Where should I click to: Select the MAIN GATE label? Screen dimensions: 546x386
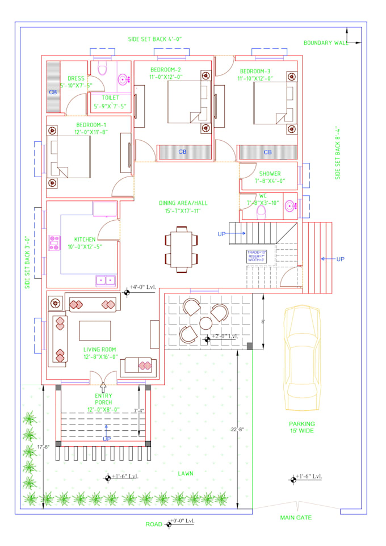(296, 518)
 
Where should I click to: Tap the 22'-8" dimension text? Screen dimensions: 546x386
(237, 429)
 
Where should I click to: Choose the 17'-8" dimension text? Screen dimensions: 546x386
(43, 447)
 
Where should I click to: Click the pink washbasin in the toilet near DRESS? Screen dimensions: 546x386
(123, 79)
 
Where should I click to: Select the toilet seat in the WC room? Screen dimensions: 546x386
(262, 211)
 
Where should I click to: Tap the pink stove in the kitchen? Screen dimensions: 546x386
(55, 243)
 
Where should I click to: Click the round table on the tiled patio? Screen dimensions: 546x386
(204, 324)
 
